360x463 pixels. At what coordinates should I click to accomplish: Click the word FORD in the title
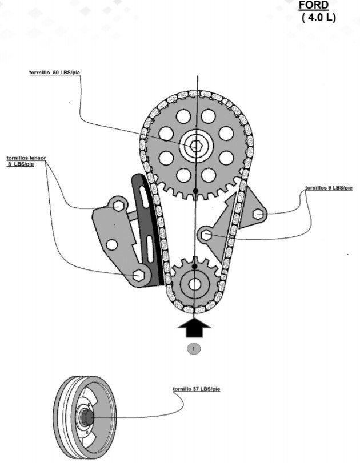pos(314,5)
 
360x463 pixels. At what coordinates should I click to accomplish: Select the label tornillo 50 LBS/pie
pos(54,73)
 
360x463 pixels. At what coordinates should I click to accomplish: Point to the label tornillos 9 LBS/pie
pos(329,187)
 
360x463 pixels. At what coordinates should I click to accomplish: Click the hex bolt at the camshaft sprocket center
pos(195,146)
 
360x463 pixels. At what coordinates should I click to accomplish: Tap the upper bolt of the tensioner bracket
pos(118,204)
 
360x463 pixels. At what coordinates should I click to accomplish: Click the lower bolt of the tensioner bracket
pos(138,275)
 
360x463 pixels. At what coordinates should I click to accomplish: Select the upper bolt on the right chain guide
pos(258,214)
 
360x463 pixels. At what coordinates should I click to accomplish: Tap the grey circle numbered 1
pos(194,348)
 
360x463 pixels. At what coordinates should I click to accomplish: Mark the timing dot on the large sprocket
pos(195,190)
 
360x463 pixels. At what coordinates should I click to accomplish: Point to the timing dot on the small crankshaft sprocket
pos(195,266)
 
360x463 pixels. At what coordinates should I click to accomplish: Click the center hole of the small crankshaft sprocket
pos(195,284)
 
